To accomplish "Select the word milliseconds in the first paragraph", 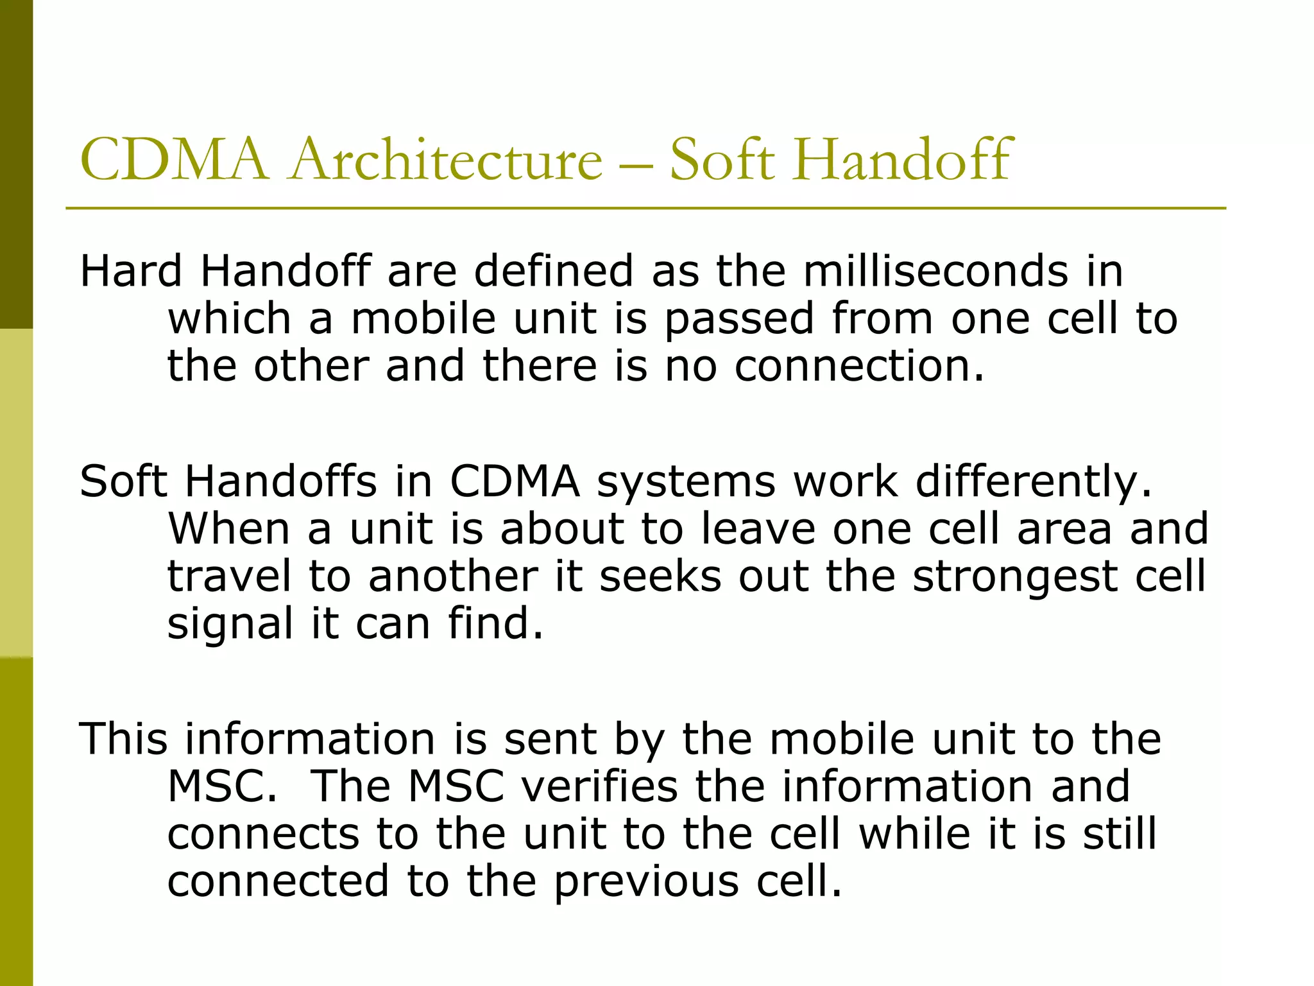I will click(935, 271).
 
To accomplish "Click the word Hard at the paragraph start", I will click(131, 271).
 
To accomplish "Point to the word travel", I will click(229, 576).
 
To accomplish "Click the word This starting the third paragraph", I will click(123, 739).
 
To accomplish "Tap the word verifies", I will click(599, 786).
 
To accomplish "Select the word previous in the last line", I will click(646, 881).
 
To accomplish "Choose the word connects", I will click(263, 834).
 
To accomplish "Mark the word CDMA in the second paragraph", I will click(515, 481).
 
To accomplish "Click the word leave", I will click(758, 529).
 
